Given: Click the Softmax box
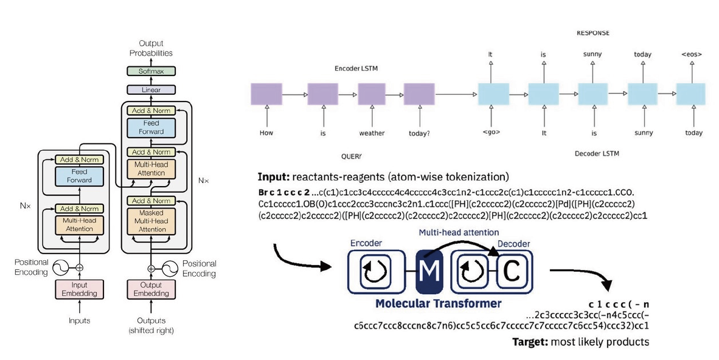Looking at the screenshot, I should click(151, 71).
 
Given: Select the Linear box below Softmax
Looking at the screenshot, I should click(151, 89).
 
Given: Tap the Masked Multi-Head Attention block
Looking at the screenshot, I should click(151, 221).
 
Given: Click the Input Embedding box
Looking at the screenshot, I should click(79, 289).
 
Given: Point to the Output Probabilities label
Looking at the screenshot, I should click(151, 48).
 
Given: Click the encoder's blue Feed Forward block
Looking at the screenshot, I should click(79, 176).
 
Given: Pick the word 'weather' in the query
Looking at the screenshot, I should click(372, 133).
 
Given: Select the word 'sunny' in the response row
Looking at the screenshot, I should click(592, 54).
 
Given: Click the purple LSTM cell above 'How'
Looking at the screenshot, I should click(266, 95).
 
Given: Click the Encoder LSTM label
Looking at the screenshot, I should click(356, 69).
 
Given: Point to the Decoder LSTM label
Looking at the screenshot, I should click(597, 154).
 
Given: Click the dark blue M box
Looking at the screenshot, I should click(430, 271).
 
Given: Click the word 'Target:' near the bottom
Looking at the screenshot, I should click(529, 342).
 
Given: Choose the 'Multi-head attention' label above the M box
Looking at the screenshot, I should click(459, 233).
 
